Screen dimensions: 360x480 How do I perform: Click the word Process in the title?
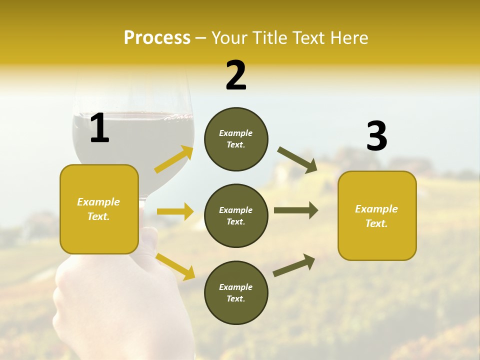pyautogui.click(x=157, y=38)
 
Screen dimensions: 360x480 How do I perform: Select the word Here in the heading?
pyautogui.click(x=350, y=38)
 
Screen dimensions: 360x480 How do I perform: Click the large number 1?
pyautogui.click(x=99, y=128)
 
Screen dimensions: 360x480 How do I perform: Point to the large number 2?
pyautogui.click(x=236, y=76)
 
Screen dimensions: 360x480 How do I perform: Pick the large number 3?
pyautogui.click(x=376, y=136)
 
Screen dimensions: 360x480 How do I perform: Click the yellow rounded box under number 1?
pyautogui.click(x=99, y=209)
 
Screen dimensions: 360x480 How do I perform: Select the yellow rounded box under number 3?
pyautogui.click(x=377, y=215)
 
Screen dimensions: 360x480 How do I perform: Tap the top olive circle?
pyautogui.click(x=236, y=139)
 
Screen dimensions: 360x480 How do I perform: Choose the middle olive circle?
pyautogui.click(x=236, y=215)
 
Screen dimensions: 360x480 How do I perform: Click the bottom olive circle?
pyautogui.click(x=236, y=292)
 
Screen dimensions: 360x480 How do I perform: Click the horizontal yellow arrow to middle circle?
pyautogui.click(x=175, y=211)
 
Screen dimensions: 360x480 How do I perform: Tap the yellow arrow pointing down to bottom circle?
pyautogui.click(x=175, y=266)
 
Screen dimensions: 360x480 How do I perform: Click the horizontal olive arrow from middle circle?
pyautogui.click(x=295, y=210)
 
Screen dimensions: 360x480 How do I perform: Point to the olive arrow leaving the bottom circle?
pyautogui.click(x=294, y=265)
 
